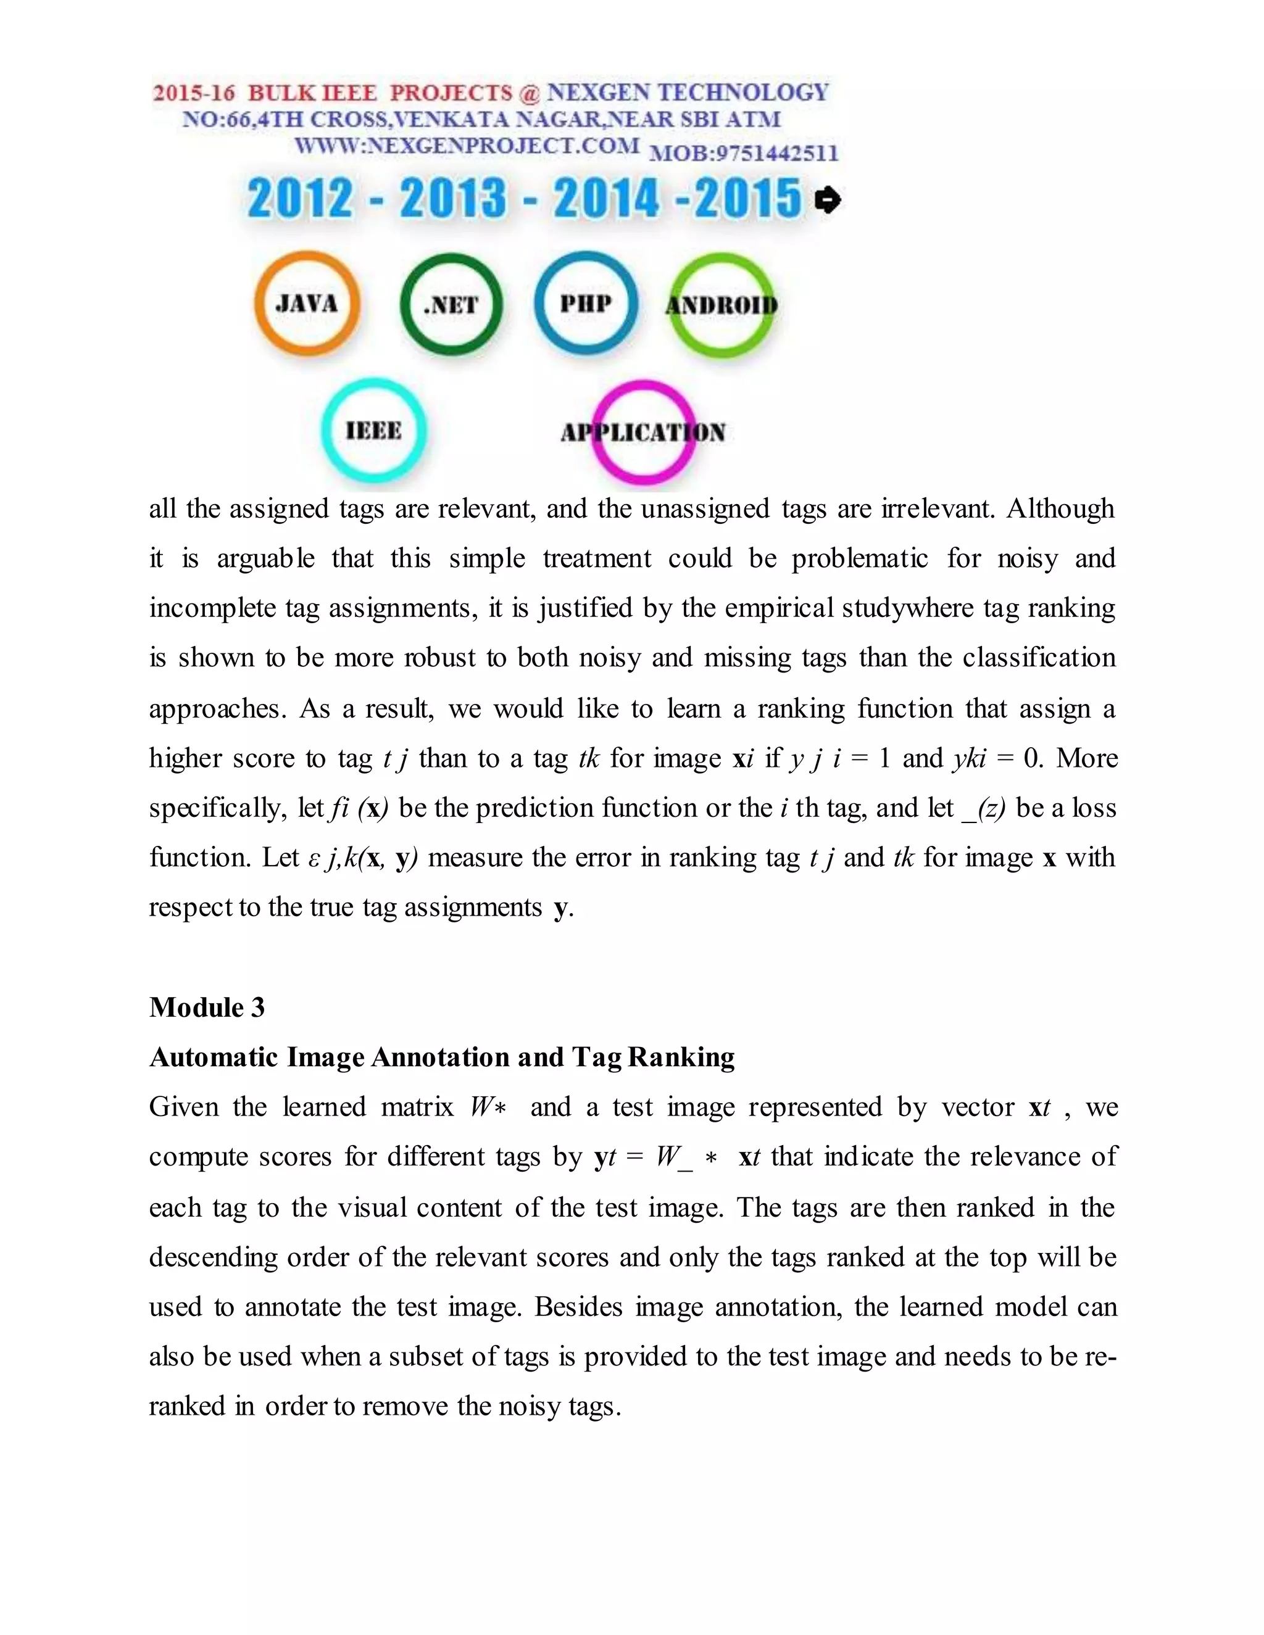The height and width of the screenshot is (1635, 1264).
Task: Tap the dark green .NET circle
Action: click(451, 305)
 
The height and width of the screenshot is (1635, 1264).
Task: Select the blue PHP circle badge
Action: click(586, 303)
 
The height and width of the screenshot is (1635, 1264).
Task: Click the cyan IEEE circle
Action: click(373, 431)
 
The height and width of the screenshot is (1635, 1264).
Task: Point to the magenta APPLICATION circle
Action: click(643, 432)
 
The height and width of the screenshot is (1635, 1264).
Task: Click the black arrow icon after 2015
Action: click(828, 200)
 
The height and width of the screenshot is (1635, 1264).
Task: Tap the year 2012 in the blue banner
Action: click(299, 199)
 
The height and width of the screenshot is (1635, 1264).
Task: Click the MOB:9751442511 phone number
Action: click(743, 154)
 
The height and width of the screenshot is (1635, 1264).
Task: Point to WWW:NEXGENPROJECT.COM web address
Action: click(467, 145)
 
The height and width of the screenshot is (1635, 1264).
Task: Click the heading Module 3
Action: click(207, 1008)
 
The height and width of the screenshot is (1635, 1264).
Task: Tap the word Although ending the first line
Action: click(1060, 509)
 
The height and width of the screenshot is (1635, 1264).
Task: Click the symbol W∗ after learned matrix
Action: click(488, 1107)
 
